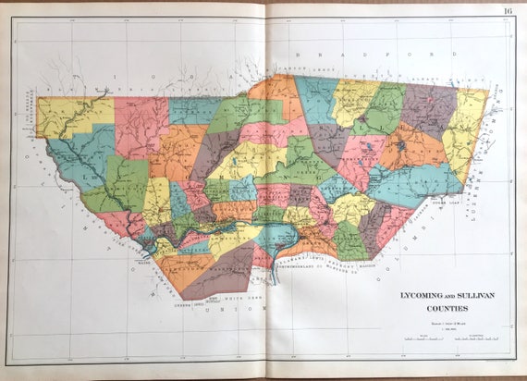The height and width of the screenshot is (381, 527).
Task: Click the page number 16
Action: (x=509, y=11)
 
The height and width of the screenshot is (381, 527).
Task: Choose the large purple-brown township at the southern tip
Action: (x=222, y=272)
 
